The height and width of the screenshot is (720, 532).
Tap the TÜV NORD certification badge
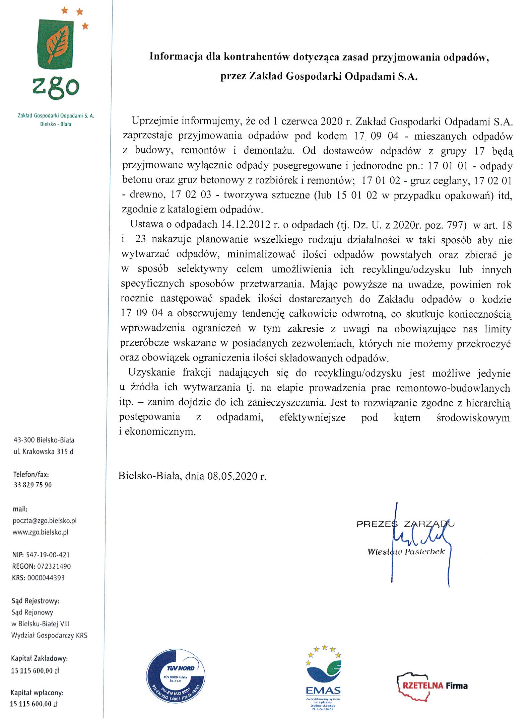coord(176,676)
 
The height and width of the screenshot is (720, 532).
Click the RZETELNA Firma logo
coord(433,685)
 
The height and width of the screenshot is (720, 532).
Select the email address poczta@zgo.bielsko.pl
coord(45,521)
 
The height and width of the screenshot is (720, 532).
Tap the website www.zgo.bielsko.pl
coord(40,532)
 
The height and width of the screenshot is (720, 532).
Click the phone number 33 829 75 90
coord(32,485)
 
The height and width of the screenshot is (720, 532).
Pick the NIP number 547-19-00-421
coord(48,555)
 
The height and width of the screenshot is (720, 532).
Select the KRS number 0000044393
coord(46,578)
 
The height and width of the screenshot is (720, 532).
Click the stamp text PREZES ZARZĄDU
coord(405,524)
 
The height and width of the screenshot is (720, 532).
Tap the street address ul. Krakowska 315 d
coord(43,452)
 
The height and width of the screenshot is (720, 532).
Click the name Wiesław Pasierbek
coord(406,552)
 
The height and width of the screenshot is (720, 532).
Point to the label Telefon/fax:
coord(31,474)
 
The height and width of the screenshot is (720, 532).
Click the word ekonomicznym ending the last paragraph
coord(160,432)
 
